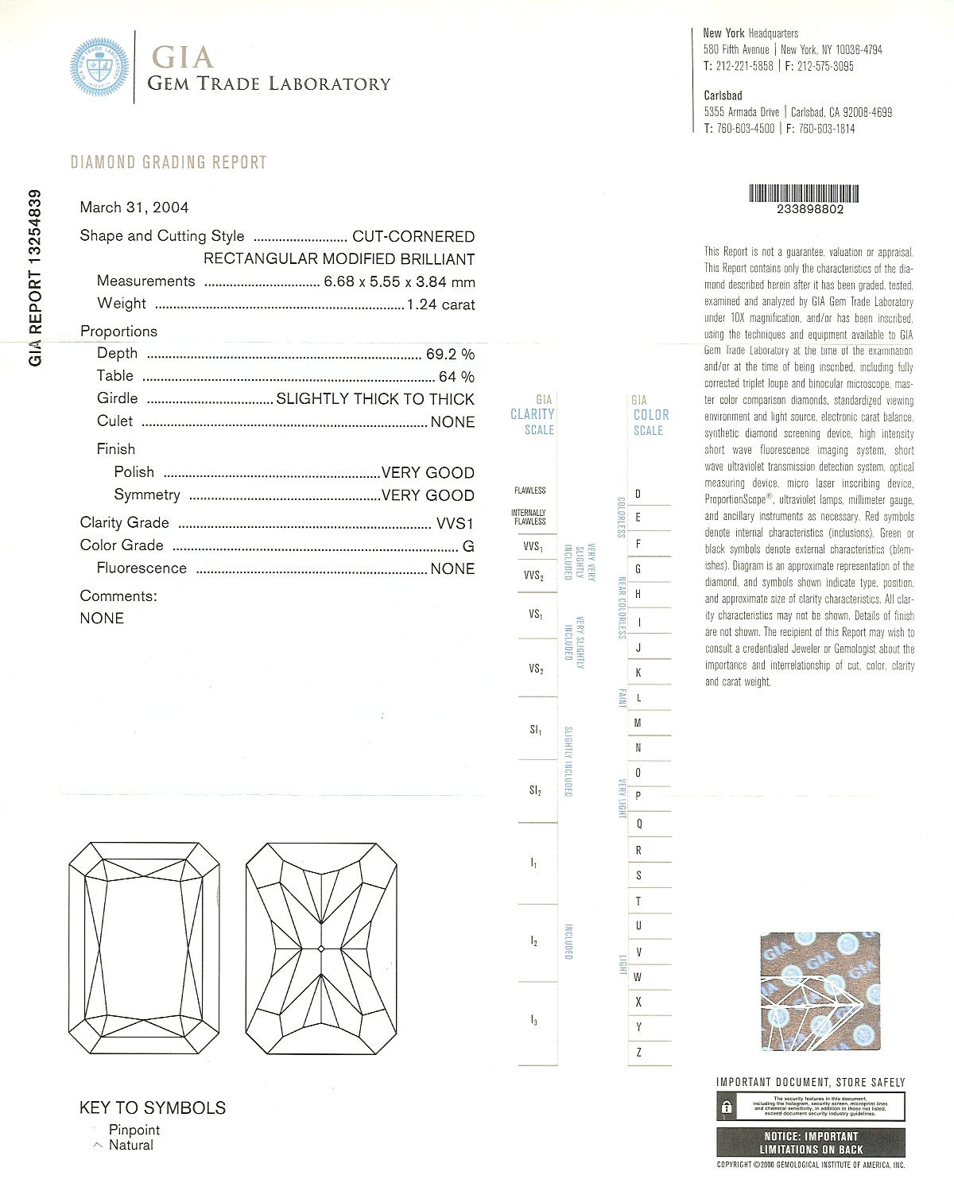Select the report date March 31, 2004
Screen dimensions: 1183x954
tap(134, 208)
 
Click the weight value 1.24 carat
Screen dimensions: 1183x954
tap(440, 304)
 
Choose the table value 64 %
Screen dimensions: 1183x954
tap(456, 376)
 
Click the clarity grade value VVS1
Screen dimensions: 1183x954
tap(455, 524)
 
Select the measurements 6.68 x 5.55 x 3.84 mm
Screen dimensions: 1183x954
tap(399, 281)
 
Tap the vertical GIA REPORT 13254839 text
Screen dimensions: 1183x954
tap(35, 277)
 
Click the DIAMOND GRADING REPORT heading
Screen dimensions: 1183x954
tap(169, 162)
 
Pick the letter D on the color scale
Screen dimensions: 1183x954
tap(638, 494)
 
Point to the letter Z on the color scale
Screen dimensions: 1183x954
tap(638, 1052)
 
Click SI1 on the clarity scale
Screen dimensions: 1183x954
tap(536, 729)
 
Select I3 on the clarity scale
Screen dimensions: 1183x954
tap(534, 1019)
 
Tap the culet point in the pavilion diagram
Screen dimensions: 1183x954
tap(320, 948)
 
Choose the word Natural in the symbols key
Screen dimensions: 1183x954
tap(131, 1145)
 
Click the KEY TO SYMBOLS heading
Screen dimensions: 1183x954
tap(153, 1107)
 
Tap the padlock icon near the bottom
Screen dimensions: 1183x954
tap(727, 1106)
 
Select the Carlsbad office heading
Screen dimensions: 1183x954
tap(723, 95)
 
